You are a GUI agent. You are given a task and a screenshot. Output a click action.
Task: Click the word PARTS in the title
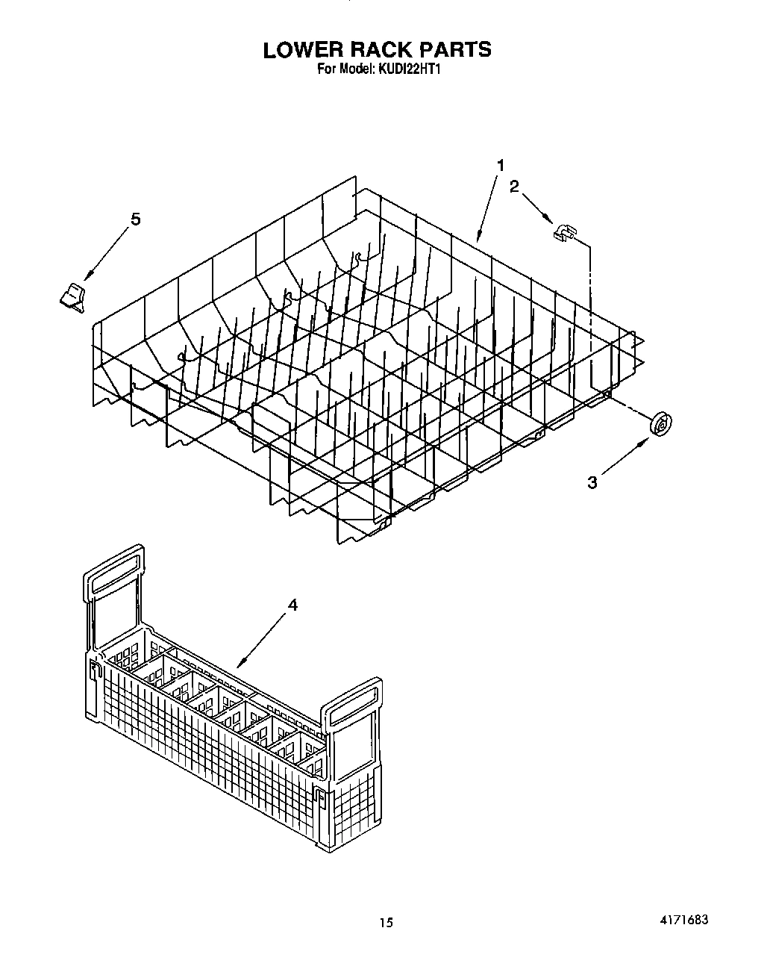pos(456,49)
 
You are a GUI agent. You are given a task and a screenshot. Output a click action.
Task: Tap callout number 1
pos(501,165)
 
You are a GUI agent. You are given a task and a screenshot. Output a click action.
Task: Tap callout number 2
pos(514,187)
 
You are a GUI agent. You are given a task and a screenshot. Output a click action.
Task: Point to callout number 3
pos(592,482)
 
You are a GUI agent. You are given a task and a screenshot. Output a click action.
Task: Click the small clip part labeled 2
pos(565,233)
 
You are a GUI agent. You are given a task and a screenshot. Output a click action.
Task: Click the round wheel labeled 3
pos(660,423)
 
